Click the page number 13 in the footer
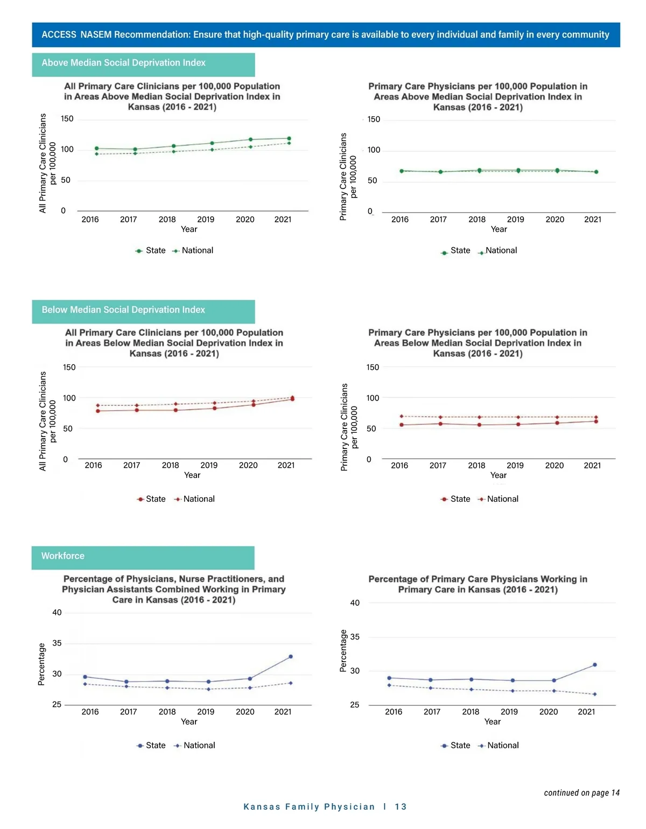(x=401, y=806)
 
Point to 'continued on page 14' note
(x=581, y=792)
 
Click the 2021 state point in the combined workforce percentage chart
(x=291, y=657)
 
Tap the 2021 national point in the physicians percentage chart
(x=595, y=694)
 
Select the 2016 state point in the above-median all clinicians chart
(x=96, y=148)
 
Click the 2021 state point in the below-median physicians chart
(x=596, y=421)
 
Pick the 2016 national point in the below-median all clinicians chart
(x=97, y=405)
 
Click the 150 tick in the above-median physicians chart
(x=374, y=120)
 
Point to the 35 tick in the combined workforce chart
(x=57, y=643)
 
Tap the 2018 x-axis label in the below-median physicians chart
(x=476, y=466)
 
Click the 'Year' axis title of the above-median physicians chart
(x=498, y=229)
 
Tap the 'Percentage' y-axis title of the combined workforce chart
(x=41, y=664)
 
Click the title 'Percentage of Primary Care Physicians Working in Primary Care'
(x=478, y=585)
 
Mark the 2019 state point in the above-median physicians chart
(x=518, y=170)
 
